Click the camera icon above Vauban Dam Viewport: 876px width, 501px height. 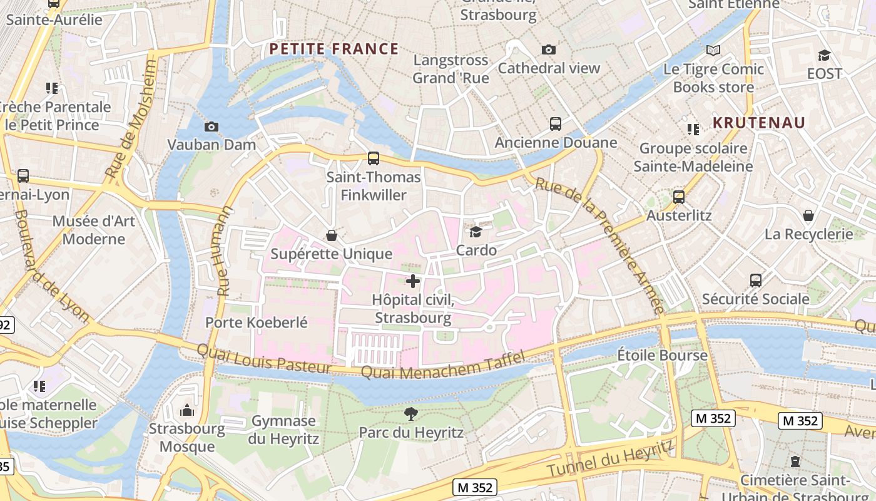(211, 127)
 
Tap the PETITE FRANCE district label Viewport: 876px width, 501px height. (334, 49)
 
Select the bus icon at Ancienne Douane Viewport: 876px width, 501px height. (556, 124)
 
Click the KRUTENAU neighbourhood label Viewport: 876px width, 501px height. (758, 123)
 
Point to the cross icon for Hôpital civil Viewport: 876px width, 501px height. (413, 281)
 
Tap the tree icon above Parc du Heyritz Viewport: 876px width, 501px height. (410, 413)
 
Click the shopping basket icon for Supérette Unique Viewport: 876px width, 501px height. (332, 235)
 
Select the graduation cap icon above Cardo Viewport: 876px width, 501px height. (476, 232)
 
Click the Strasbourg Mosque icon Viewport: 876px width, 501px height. (186, 411)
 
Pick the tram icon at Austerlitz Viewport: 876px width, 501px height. (679, 197)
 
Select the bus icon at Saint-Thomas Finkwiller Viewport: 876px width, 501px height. (374, 158)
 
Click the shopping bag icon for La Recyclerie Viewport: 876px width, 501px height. (808, 216)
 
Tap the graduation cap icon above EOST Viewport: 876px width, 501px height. (824, 55)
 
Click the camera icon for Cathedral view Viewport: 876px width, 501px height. (549, 50)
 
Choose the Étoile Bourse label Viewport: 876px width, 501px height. (662, 355)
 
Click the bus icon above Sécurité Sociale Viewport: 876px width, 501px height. (755, 280)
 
